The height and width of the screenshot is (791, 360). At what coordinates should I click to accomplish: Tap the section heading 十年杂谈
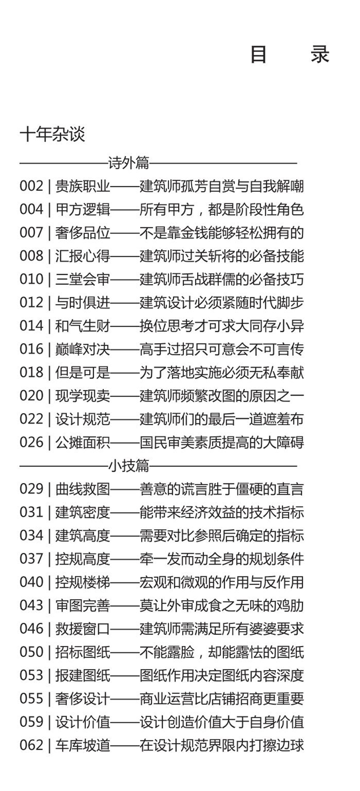click(52, 134)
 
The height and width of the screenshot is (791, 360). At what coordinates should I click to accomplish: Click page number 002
click(31, 186)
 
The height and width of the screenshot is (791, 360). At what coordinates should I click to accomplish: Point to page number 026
click(31, 442)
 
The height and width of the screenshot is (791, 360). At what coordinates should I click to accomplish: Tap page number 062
click(31, 745)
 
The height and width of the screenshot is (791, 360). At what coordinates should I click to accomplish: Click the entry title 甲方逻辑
click(83, 209)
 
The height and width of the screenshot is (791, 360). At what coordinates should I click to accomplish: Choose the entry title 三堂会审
click(83, 279)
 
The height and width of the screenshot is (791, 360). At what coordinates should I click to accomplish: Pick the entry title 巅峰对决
click(83, 349)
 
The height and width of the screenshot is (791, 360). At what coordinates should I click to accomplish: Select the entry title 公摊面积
click(83, 442)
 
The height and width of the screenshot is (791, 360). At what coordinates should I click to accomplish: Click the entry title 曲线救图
click(83, 488)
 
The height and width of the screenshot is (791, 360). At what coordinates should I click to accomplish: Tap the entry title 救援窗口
click(83, 628)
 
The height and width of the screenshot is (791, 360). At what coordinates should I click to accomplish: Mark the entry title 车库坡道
click(83, 745)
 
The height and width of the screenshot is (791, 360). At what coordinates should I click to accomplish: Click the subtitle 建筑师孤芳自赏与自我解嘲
click(221, 186)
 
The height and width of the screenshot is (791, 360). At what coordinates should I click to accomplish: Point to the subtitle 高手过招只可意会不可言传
click(221, 349)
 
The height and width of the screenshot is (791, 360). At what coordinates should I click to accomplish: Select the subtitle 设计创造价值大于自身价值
click(221, 721)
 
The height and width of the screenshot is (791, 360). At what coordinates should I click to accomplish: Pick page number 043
click(31, 605)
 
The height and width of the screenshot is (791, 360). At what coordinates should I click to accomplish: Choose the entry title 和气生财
click(83, 326)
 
